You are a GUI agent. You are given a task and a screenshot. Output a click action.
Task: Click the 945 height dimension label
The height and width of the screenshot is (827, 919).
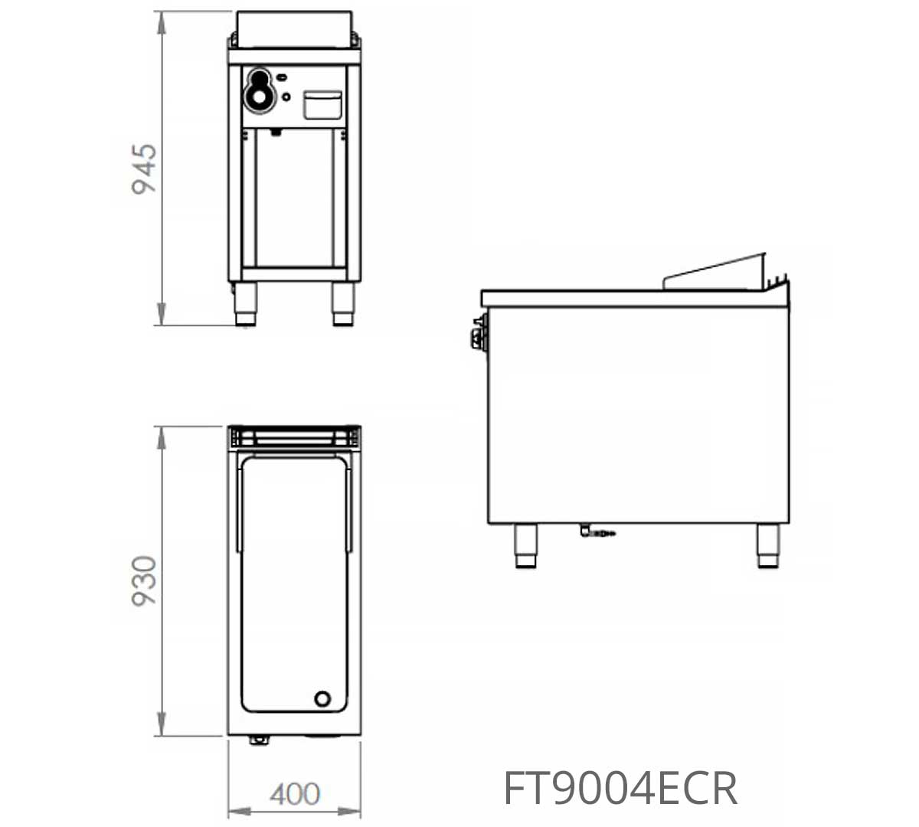(x=144, y=169)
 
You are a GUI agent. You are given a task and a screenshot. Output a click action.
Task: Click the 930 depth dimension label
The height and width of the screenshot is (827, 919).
(x=144, y=581)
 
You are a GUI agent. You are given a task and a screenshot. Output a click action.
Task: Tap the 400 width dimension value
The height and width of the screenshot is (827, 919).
(x=295, y=794)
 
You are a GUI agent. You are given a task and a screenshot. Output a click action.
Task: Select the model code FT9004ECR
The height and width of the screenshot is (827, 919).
(x=621, y=788)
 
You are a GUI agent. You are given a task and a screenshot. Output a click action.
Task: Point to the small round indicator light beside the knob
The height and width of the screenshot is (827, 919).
(x=286, y=96)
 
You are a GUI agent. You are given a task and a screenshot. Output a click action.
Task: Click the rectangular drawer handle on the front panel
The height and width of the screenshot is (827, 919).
(x=323, y=105)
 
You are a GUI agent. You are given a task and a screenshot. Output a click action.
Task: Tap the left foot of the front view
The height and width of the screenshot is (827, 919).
(x=246, y=304)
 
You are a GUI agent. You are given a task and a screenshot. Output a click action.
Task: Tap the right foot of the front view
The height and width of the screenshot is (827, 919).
(x=342, y=304)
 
